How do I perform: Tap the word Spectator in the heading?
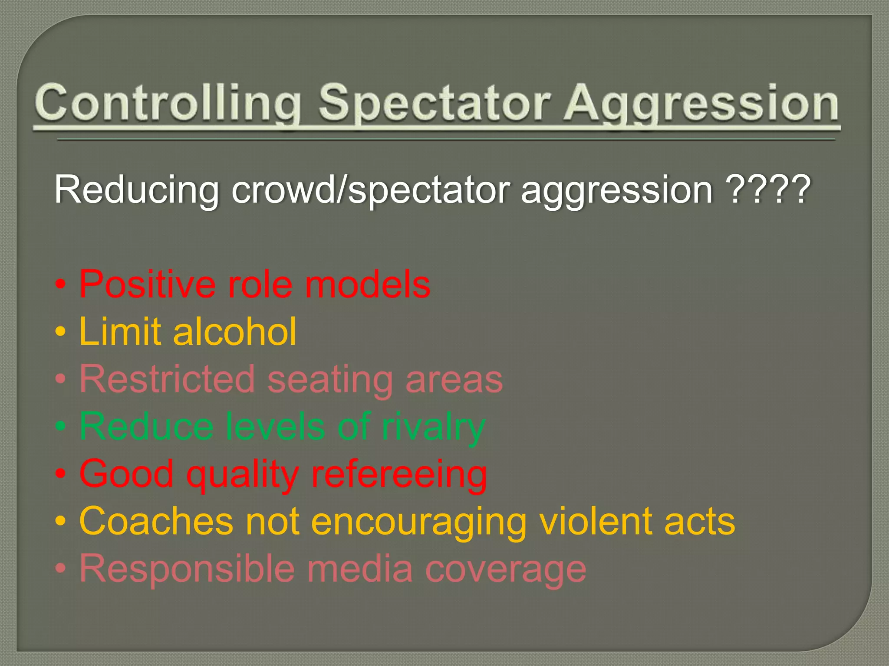[x=434, y=104]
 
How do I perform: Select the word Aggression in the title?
[x=701, y=104]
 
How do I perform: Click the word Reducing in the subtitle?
[x=136, y=189]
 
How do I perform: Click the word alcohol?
[x=234, y=331]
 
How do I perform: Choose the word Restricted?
[x=167, y=379]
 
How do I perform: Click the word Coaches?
[x=156, y=521]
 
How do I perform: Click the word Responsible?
[x=187, y=568]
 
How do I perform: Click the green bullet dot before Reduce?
[x=61, y=427]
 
